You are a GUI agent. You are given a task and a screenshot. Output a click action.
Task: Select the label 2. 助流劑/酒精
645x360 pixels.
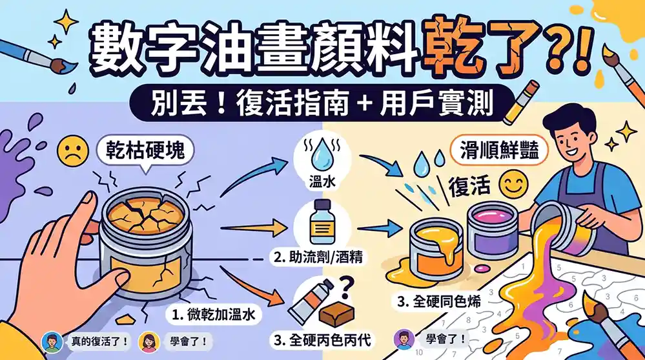click(318, 258)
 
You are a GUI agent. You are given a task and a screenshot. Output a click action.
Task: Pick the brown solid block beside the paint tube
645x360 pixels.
click(340, 314)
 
